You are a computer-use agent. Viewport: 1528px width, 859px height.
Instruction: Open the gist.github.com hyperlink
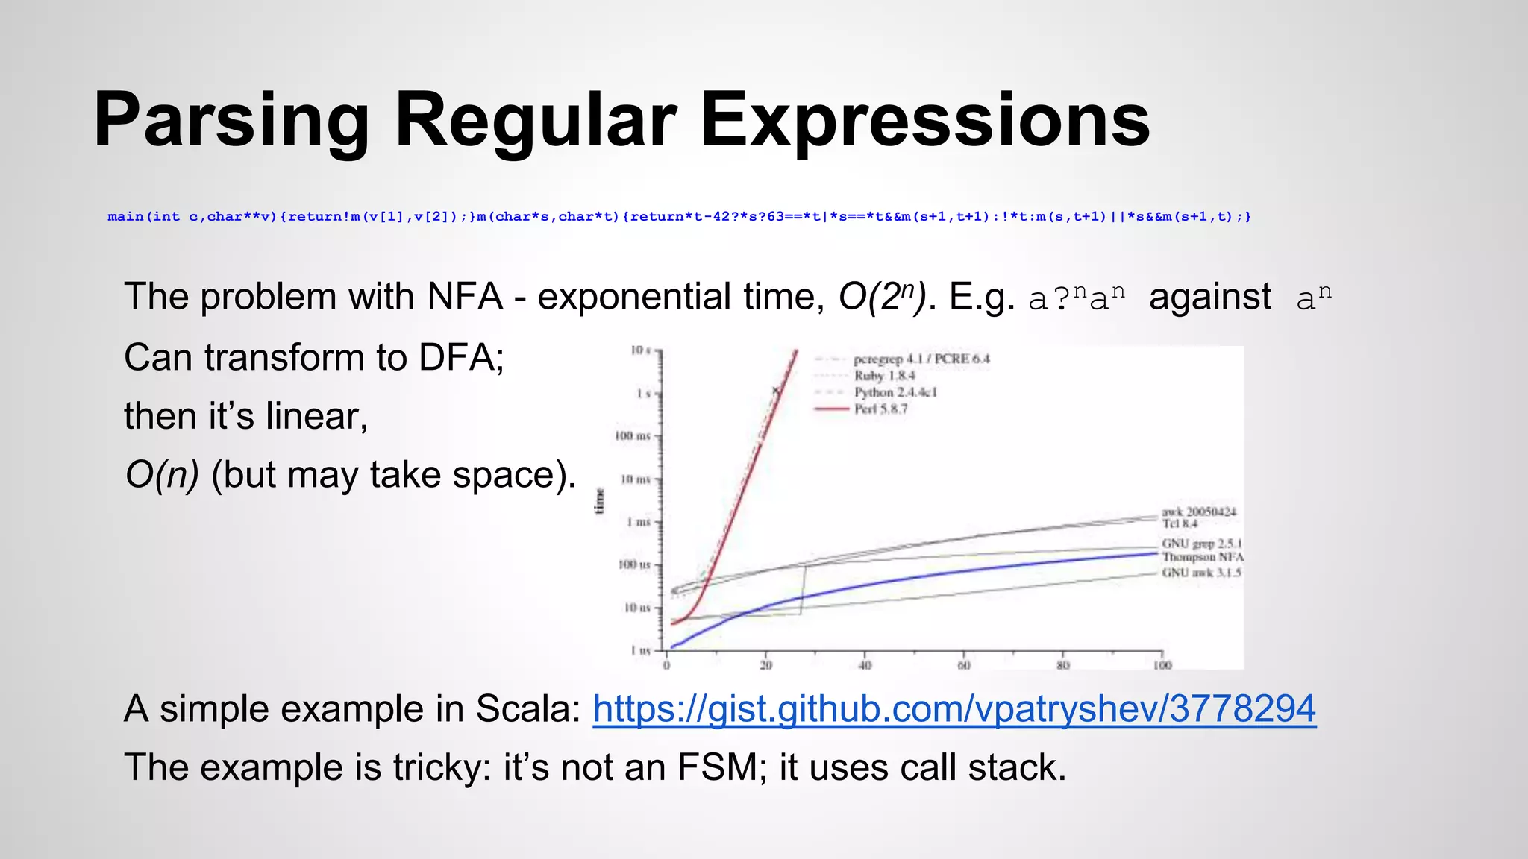[954, 708]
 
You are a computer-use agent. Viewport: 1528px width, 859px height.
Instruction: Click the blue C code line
[679, 217]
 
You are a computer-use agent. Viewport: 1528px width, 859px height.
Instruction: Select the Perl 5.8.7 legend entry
[880, 409]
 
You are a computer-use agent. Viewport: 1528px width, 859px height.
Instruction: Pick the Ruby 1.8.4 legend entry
[884, 376]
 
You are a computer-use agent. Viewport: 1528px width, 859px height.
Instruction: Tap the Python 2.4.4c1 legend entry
[895, 392]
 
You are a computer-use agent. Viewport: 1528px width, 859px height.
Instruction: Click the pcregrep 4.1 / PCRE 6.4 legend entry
[921, 359]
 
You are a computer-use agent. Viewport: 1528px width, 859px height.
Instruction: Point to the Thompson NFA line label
[1202, 557]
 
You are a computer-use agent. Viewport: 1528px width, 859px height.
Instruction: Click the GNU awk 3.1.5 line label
[1201, 573]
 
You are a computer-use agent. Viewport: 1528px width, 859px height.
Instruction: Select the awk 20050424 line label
[1198, 512]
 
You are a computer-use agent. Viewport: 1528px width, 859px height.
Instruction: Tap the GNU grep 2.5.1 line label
[1201, 544]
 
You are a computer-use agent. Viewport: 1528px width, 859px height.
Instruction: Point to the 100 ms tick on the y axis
[633, 435]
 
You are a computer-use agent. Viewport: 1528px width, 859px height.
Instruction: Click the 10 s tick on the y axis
[640, 350]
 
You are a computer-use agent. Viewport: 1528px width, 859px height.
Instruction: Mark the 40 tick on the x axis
[865, 665]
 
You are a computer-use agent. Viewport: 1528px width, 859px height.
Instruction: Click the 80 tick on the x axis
[1062, 665]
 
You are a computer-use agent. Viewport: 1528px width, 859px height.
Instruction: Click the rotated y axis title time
[599, 500]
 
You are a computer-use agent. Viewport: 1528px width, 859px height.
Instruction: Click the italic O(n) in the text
[161, 475]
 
